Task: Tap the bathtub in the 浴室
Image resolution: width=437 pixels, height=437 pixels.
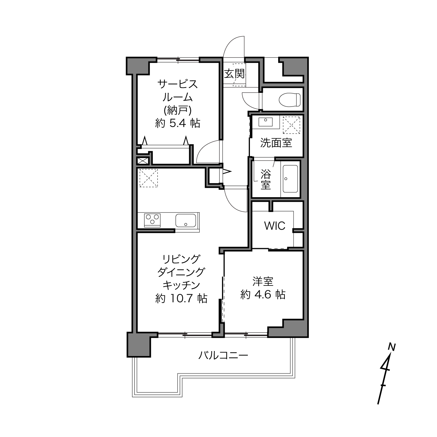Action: (290, 179)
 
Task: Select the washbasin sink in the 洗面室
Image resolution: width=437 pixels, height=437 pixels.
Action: (266, 122)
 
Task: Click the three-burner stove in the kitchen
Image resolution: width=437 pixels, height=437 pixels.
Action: (152, 220)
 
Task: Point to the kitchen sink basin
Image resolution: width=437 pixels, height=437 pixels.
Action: (186, 220)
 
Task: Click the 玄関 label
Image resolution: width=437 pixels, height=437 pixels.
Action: (234, 74)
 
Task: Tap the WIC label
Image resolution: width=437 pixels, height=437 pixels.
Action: (275, 225)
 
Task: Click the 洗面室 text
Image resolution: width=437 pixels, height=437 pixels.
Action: (276, 143)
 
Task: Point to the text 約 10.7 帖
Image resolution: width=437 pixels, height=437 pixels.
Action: (181, 298)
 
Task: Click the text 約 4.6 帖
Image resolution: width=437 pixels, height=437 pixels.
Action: (263, 294)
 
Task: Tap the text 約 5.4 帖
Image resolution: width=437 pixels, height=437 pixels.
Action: (178, 123)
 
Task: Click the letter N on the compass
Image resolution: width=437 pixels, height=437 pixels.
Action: (392, 347)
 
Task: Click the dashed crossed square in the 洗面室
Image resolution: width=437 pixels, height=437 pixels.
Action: (291, 125)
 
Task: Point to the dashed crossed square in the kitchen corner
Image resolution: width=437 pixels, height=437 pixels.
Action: (149, 178)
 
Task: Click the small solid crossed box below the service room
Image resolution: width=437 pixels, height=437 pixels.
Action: (143, 161)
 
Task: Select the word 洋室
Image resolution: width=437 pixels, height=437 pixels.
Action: (263, 281)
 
